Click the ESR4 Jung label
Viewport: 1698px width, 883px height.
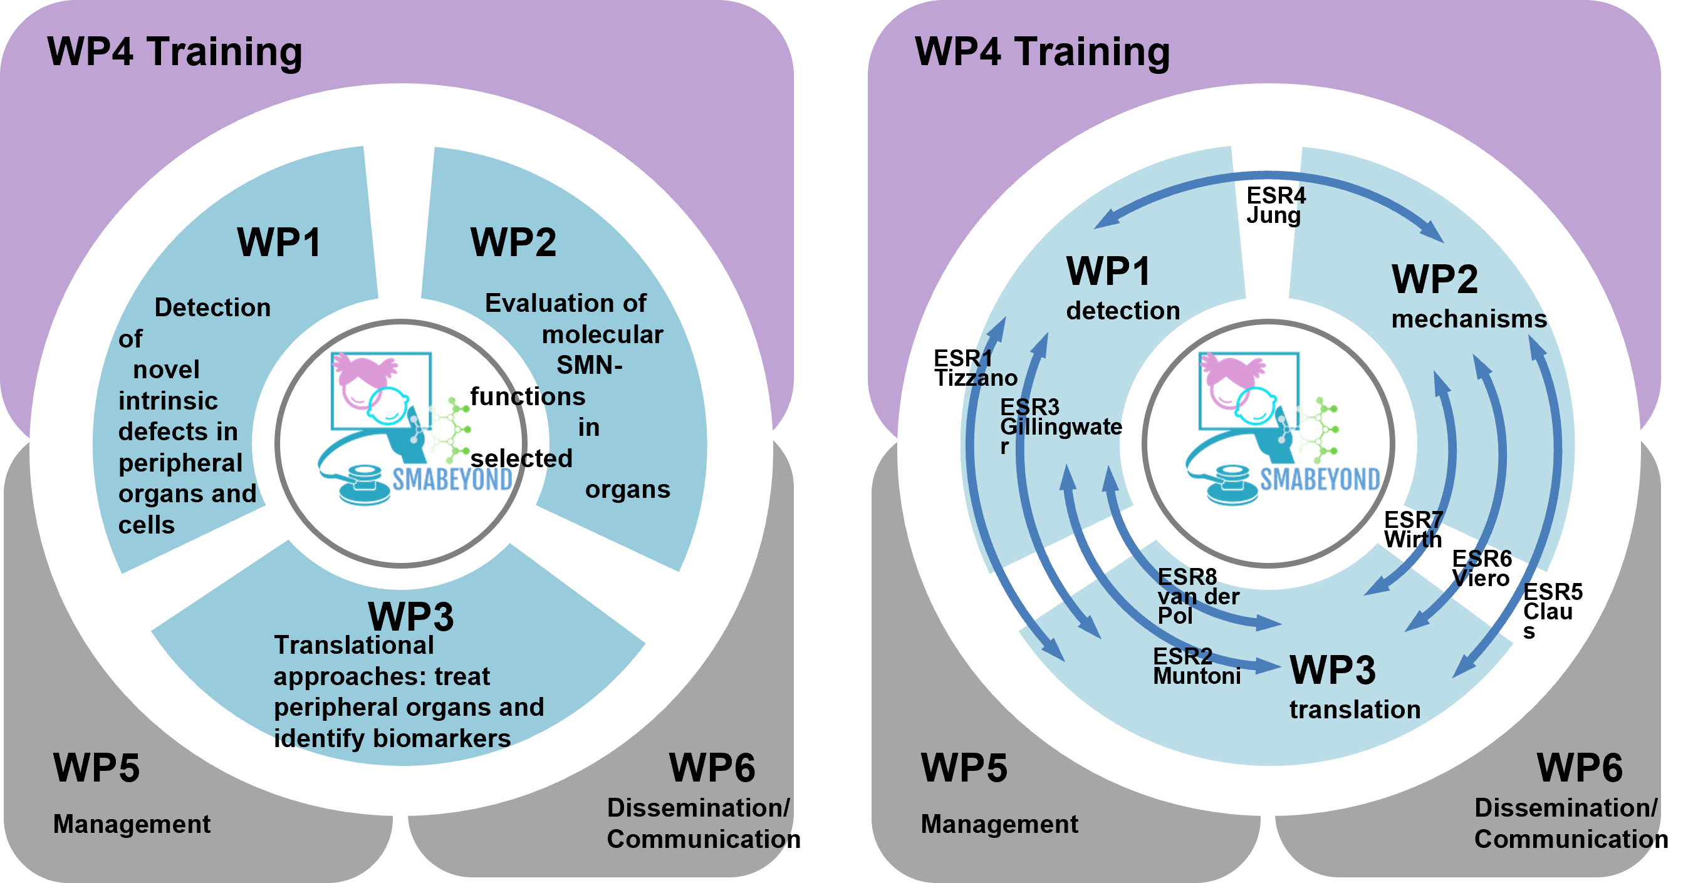point(1276,205)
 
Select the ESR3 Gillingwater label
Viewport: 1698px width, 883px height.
point(1061,426)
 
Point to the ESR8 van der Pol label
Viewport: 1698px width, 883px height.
point(1198,596)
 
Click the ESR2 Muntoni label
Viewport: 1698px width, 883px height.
point(1196,666)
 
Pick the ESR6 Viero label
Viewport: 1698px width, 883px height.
point(1481,568)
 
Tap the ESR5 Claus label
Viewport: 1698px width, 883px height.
point(1551,610)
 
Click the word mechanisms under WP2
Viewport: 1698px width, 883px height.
point(1469,319)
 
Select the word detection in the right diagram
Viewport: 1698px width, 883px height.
point(1123,311)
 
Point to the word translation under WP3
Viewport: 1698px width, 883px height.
point(1355,710)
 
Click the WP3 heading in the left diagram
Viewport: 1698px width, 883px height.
point(410,617)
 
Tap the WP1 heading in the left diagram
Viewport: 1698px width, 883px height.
point(279,242)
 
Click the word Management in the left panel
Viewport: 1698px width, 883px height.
point(132,824)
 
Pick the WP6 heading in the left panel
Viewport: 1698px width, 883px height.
point(712,768)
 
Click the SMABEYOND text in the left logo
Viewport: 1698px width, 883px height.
point(452,480)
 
